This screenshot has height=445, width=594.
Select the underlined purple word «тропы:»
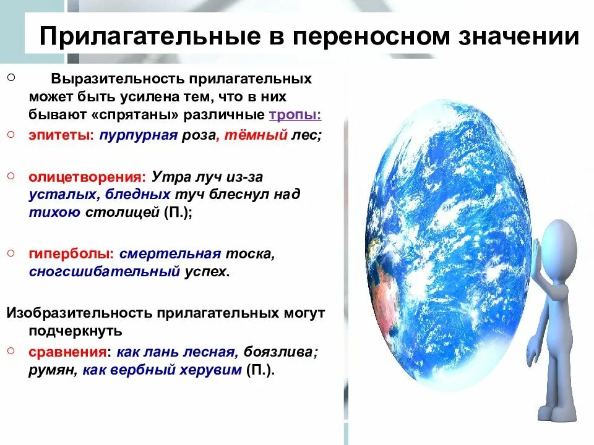coord(295,115)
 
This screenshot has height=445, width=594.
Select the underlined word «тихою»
coord(54,212)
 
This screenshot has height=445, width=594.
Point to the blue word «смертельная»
coord(170,253)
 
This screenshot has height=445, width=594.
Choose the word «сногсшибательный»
coord(103,271)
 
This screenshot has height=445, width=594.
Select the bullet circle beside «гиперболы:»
coord(11,253)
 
